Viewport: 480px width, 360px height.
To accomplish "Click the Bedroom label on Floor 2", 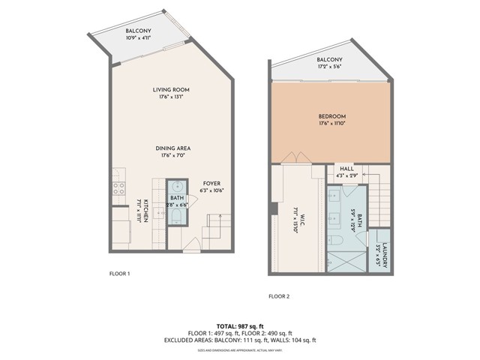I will [331, 116].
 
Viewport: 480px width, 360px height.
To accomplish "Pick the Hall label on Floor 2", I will [346, 169].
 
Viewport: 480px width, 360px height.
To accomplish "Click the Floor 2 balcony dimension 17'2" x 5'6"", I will [329, 68].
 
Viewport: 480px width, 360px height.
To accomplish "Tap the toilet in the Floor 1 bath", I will [177, 217].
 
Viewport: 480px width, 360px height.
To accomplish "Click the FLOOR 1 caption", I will [120, 274].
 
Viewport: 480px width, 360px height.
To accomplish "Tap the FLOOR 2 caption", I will [278, 296].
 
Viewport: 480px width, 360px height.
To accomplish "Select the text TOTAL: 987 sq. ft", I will [240, 326].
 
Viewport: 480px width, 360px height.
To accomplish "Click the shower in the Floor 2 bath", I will [346, 262].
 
